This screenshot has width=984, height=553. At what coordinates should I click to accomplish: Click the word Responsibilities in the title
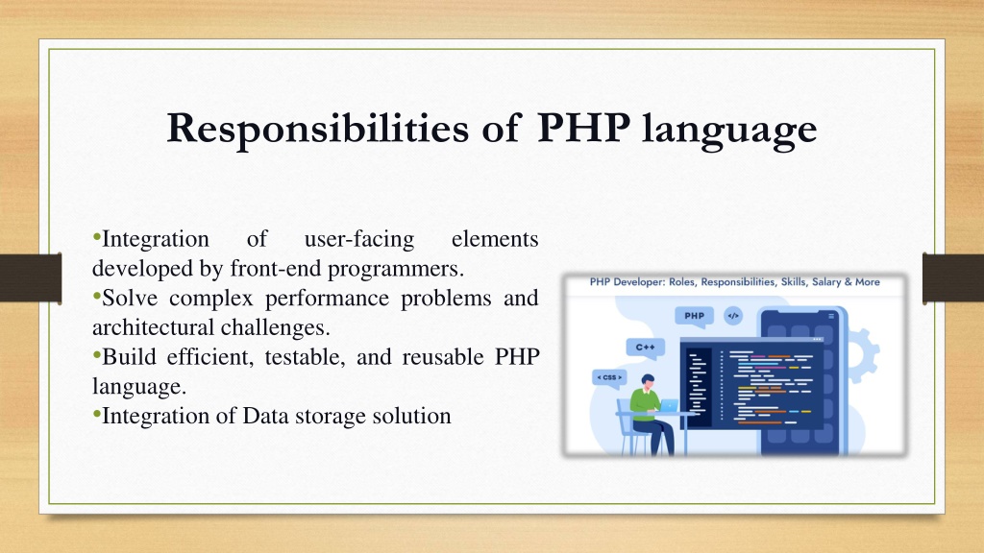317,130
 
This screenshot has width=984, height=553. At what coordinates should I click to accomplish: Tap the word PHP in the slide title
583,128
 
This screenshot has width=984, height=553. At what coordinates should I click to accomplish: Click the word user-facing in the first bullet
359,239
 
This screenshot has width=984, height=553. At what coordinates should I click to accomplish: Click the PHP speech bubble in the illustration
694,317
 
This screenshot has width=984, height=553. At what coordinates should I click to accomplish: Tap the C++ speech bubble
645,348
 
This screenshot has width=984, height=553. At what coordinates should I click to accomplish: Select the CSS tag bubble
609,378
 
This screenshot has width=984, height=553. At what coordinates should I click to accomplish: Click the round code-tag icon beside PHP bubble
733,315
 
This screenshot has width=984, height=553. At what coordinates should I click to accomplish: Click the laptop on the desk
669,406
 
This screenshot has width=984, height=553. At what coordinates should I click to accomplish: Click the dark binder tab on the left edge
31,278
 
